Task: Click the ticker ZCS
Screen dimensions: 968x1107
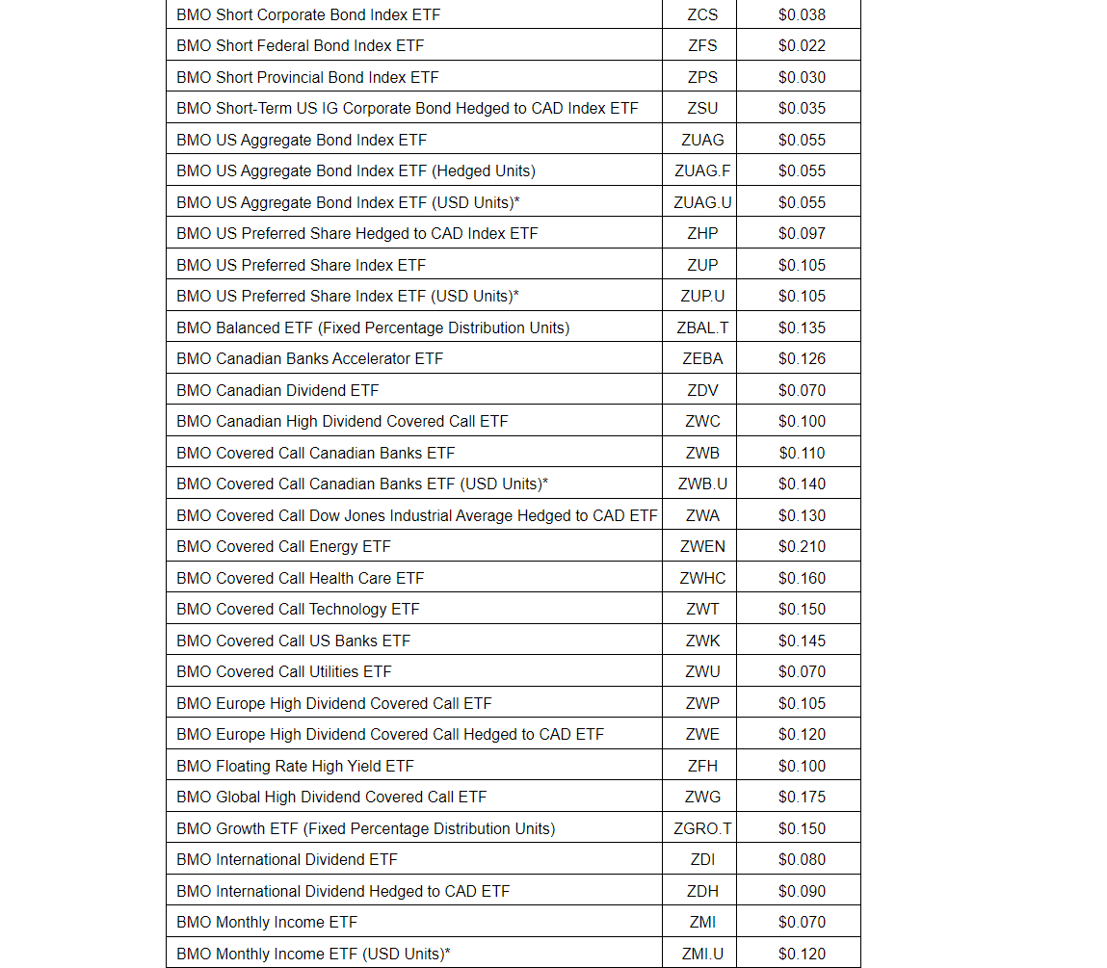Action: pyautogui.click(x=702, y=14)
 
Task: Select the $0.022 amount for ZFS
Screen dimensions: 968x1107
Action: pyautogui.click(x=802, y=45)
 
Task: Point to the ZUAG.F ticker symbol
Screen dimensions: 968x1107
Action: pyautogui.click(x=702, y=170)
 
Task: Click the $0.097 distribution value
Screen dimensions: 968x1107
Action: pyautogui.click(x=802, y=233)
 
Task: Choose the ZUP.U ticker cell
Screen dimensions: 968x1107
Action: pyautogui.click(x=702, y=296)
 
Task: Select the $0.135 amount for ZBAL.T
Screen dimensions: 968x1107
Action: pyautogui.click(x=802, y=327)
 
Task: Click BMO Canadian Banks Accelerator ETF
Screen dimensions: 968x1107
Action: pyautogui.click(x=309, y=358)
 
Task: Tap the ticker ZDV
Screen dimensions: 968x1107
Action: pyautogui.click(x=702, y=390)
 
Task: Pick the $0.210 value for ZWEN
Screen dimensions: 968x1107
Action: pyautogui.click(x=802, y=546)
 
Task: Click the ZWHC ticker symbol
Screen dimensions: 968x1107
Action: pyautogui.click(x=702, y=578)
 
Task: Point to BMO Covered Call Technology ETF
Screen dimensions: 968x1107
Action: pyautogui.click(x=298, y=609)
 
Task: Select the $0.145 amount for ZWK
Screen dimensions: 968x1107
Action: pyautogui.click(x=802, y=641)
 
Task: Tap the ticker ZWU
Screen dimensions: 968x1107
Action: pyautogui.click(x=702, y=671)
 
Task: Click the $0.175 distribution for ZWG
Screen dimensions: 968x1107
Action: pyautogui.click(x=802, y=797)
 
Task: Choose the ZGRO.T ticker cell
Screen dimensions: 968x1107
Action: pyautogui.click(x=702, y=828)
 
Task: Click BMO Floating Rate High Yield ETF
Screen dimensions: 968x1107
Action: pyautogui.click(x=295, y=766)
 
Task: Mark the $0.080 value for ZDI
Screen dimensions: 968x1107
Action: pyautogui.click(x=802, y=859)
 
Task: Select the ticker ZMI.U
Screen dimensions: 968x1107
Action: pyautogui.click(x=702, y=954)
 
